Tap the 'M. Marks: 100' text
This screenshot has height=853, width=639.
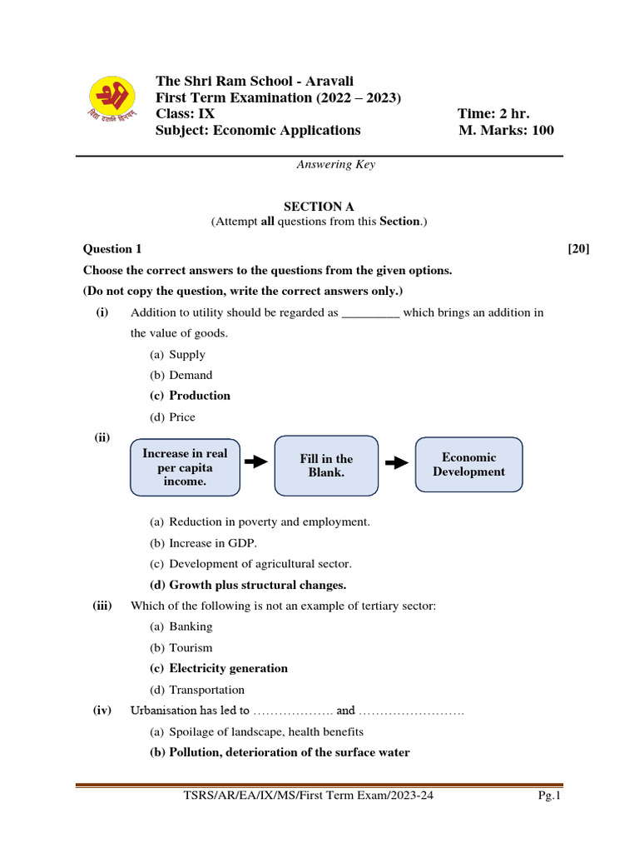[506, 130]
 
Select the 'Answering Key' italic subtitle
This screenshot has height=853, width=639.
[335, 164]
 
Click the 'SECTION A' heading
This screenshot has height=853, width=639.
[313, 206]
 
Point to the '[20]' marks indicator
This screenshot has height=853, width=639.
[578, 248]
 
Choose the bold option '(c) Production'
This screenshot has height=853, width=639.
[190, 396]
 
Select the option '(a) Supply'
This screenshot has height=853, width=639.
[177, 354]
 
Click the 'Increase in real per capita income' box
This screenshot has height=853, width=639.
[185, 467]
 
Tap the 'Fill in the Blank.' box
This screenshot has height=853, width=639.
[326, 465]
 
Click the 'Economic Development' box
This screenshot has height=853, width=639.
[468, 464]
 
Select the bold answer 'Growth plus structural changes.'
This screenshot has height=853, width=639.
[256, 585]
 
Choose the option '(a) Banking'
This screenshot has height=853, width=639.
[181, 626]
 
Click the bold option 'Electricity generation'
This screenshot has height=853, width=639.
[228, 668]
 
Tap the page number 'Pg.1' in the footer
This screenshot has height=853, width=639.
[550, 796]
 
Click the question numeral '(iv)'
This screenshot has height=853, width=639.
[102, 711]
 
